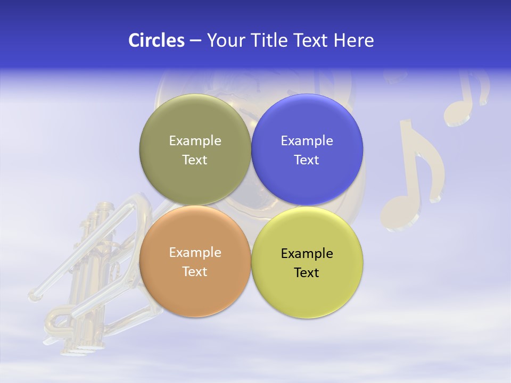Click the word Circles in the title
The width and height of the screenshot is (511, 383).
point(156,40)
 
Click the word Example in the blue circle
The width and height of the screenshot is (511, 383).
point(307,141)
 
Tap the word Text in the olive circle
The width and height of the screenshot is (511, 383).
point(195,160)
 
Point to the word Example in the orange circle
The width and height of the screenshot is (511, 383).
point(195,253)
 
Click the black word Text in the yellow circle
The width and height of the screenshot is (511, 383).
point(307,273)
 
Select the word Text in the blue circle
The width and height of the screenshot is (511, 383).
point(307,160)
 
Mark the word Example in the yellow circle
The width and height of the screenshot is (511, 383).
point(307,254)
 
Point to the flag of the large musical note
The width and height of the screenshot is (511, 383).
point(426,154)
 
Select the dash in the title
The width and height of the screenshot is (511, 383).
point(195,41)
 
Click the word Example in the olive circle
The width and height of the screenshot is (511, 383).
point(195,141)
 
